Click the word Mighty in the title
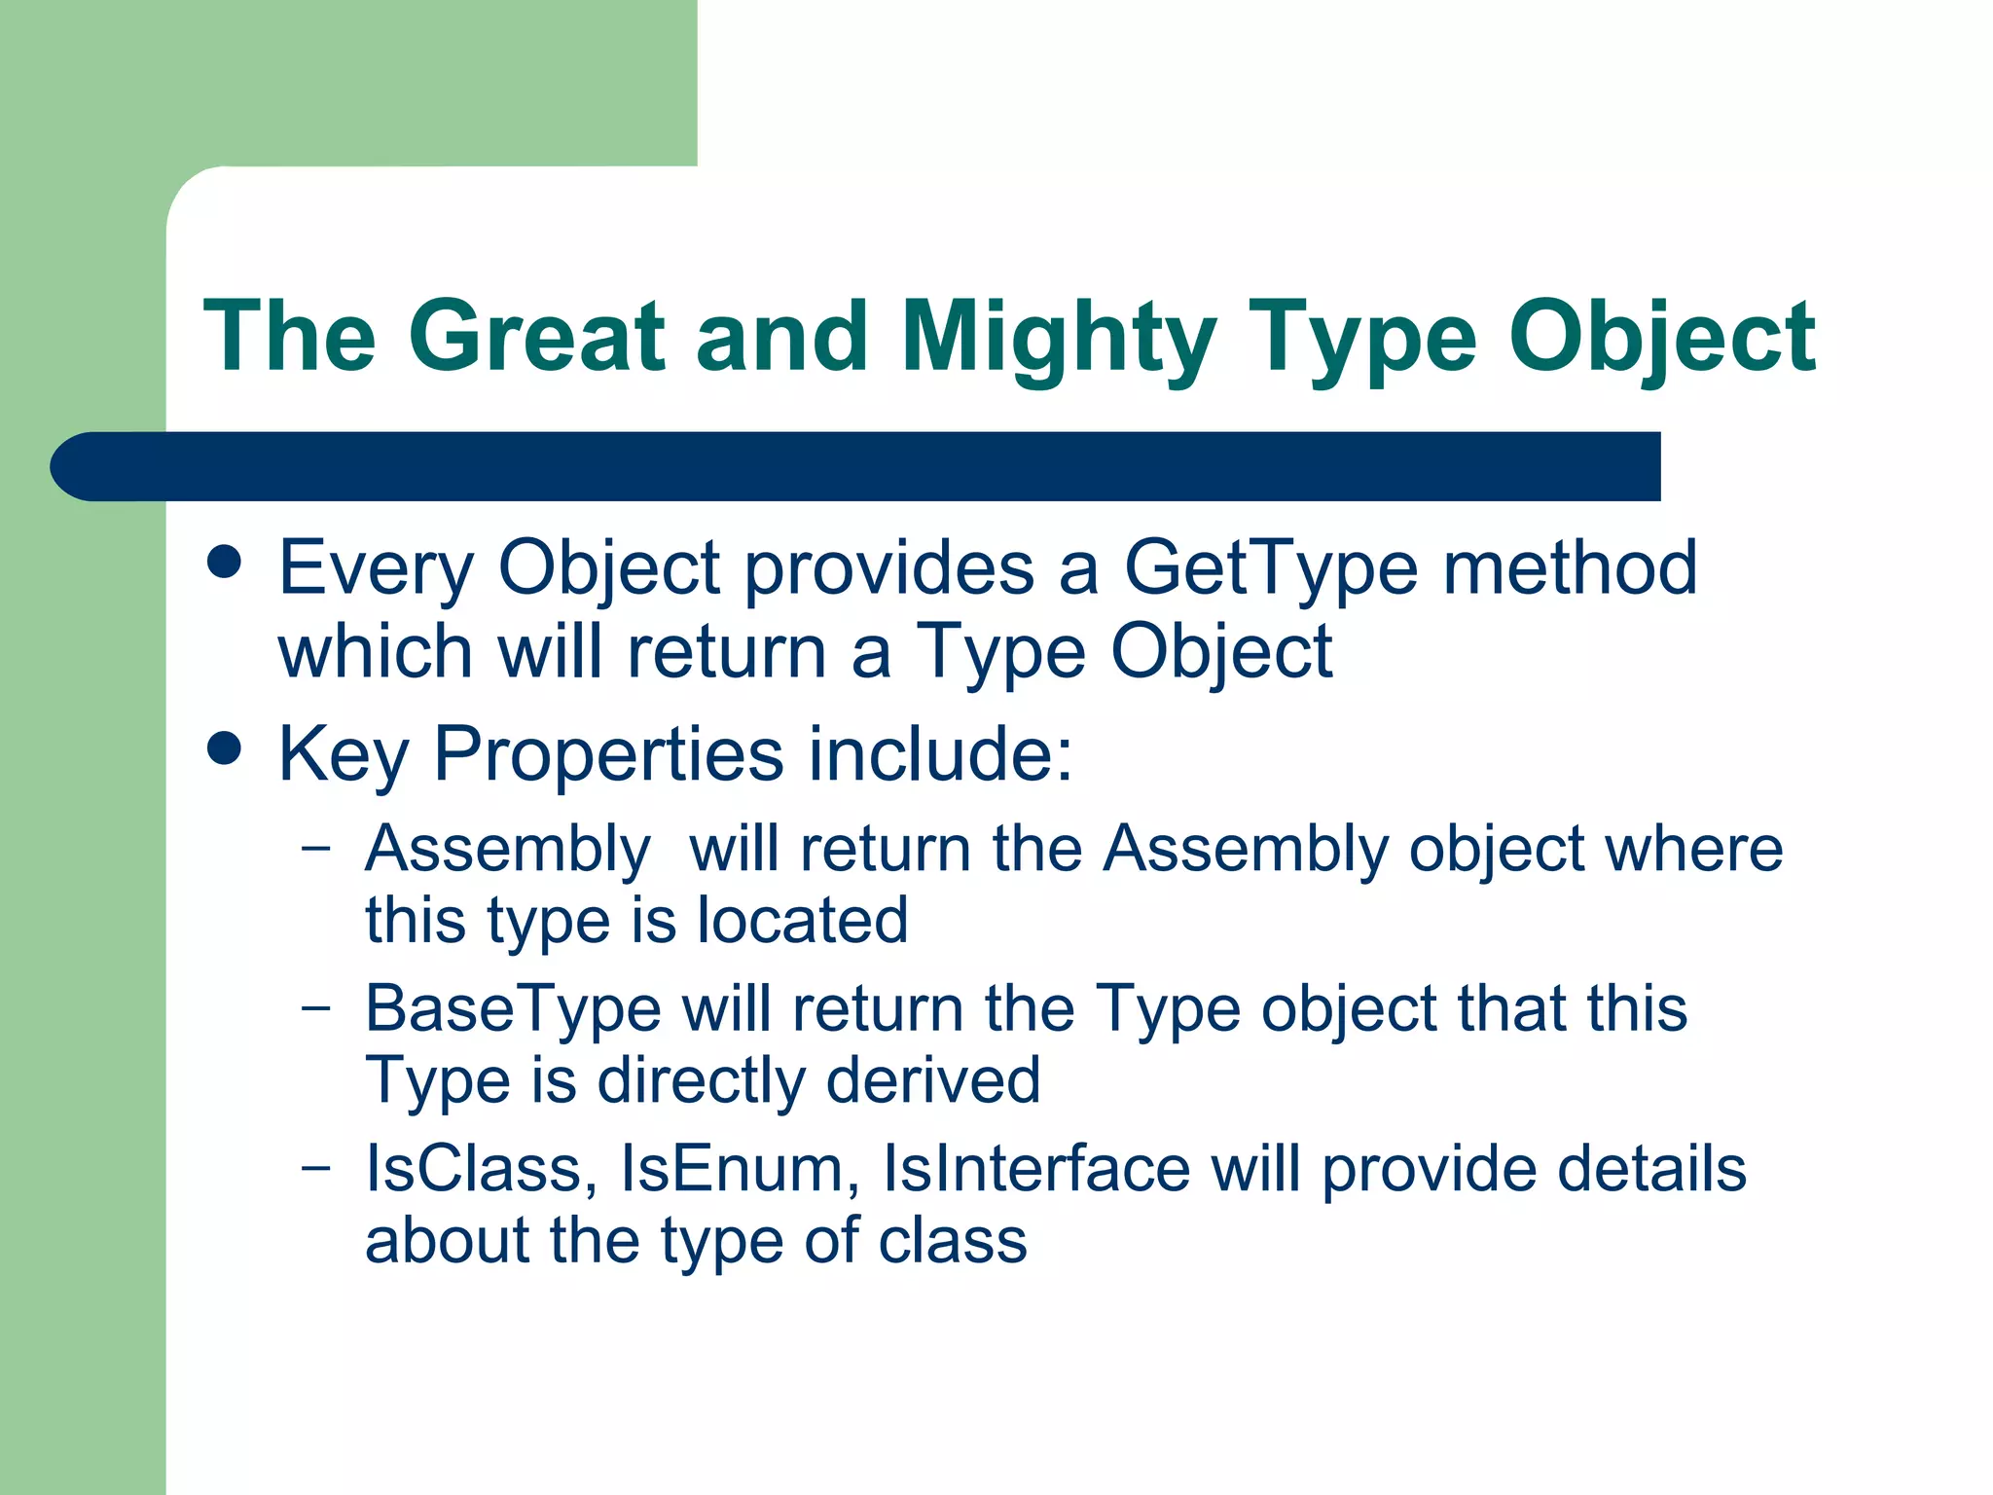pos(1058,338)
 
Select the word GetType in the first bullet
pos(1270,568)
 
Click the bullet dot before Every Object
pos(225,562)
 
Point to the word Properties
pos(608,754)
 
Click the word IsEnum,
pos(740,1169)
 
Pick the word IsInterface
pos(1035,1169)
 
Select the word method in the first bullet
pos(1569,568)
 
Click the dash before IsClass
pos(315,1166)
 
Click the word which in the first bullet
pos(376,652)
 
